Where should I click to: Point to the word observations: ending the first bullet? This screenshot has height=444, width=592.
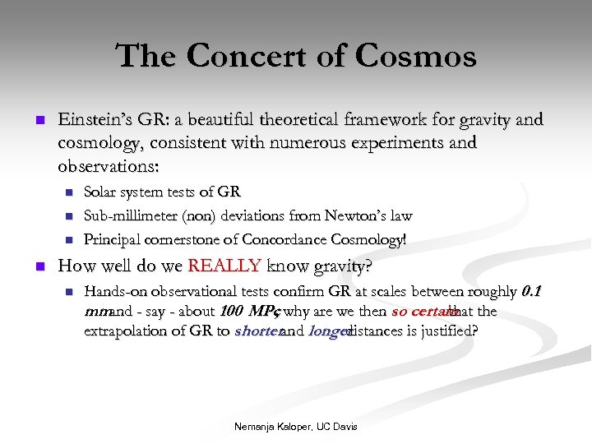tap(109, 164)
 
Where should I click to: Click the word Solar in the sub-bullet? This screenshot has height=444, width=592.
tap(103, 192)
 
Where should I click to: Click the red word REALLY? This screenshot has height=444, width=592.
tap(224, 266)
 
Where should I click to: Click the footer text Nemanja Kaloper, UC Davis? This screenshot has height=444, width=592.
tap(295, 427)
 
